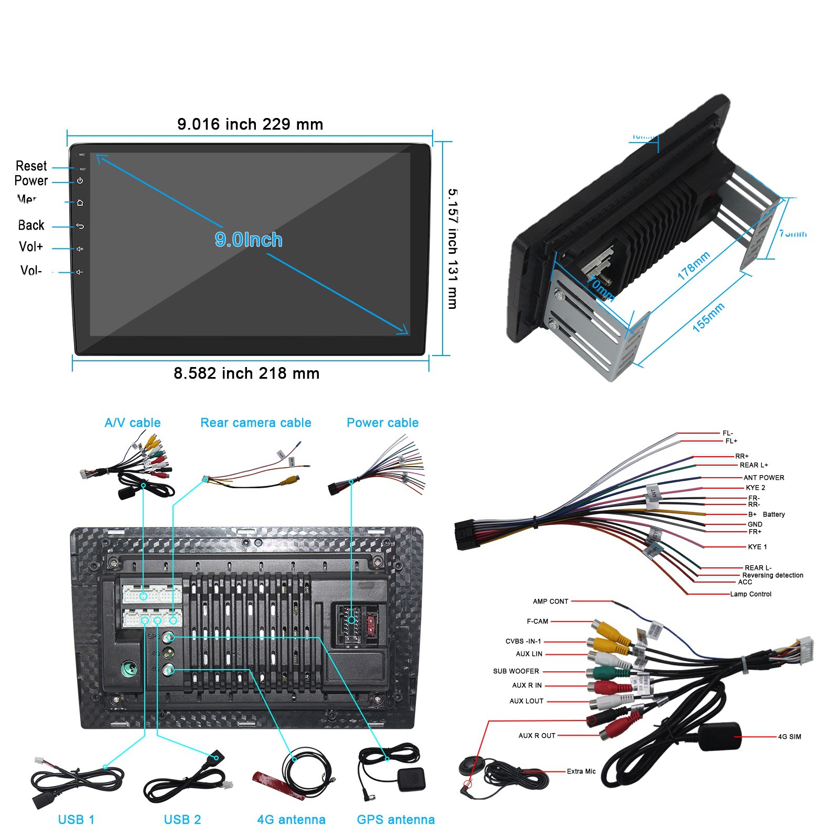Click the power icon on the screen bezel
pyautogui.click(x=80, y=181)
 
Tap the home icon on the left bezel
pyautogui.click(x=80, y=202)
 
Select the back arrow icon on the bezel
pyautogui.click(x=80, y=226)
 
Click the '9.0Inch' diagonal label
pyautogui.click(x=249, y=240)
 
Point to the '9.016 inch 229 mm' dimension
pyautogui.click(x=250, y=124)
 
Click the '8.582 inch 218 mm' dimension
pyautogui.click(x=246, y=373)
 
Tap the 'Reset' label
pyautogui.click(x=31, y=166)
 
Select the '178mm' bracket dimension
pyautogui.click(x=693, y=265)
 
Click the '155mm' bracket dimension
pyautogui.click(x=708, y=317)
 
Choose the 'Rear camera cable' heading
pyautogui.click(x=256, y=423)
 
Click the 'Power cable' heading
pyautogui.click(x=383, y=423)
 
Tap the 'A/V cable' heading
pyautogui.click(x=133, y=423)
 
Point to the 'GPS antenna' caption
pyautogui.click(x=396, y=820)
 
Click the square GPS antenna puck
pyautogui.click(x=411, y=779)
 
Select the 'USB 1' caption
pyautogui.click(x=77, y=820)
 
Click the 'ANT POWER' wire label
pyautogui.click(x=763, y=478)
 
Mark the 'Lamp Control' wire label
pyautogui.click(x=750, y=594)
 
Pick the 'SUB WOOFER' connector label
pyautogui.click(x=516, y=671)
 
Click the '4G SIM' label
pyautogui.click(x=789, y=737)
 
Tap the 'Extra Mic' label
pyautogui.click(x=581, y=771)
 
